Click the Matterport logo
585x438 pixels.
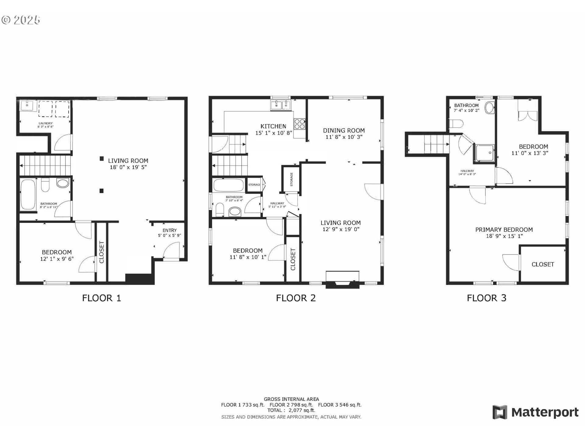click(535, 412)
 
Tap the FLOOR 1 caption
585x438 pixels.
click(101, 298)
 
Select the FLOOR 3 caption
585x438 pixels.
click(487, 298)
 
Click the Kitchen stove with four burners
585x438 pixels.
click(299, 124)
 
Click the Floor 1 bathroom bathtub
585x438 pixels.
click(28, 194)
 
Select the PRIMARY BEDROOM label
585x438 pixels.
click(504, 230)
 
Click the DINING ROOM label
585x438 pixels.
click(344, 130)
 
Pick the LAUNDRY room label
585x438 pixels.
click(45, 123)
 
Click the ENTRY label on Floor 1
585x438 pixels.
click(169, 230)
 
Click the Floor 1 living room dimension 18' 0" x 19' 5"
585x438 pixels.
click(128, 167)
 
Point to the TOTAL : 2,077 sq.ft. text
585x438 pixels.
click(291, 410)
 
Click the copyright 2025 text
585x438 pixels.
click(21, 20)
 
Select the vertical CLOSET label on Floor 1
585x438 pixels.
click(102, 252)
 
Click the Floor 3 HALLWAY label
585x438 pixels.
click(467, 171)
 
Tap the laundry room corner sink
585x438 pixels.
click(28, 106)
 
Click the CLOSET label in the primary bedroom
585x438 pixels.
click(543, 264)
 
